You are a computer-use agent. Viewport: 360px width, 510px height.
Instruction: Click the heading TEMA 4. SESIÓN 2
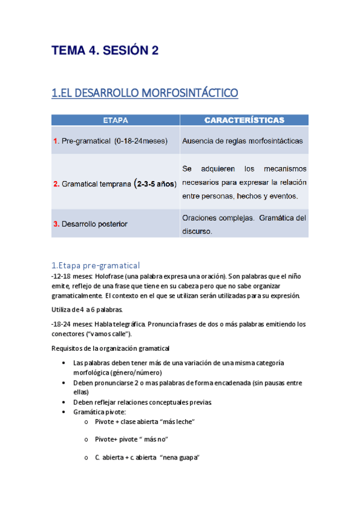coord(105,51)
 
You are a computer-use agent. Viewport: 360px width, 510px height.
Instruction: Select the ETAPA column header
coord(115,120)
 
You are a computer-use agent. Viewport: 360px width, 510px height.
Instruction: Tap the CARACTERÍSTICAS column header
coord(244,120)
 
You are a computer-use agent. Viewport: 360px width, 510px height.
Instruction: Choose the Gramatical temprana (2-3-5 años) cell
coord(115,183)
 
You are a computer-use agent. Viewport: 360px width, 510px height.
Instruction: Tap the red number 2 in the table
coord(56,184)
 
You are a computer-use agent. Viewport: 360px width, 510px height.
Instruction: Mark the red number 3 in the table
coord(56,224)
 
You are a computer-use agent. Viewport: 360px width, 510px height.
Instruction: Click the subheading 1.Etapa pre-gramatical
coord(96,265)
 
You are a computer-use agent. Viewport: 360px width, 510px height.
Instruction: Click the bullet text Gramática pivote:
coord(99,411)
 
